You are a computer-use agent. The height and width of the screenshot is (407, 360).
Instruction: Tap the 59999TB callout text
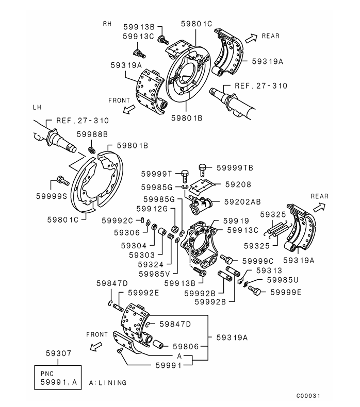[235, 167]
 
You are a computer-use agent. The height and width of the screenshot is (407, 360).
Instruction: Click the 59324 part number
[151, 264]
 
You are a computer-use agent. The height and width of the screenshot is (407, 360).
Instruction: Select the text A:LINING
[108, 383]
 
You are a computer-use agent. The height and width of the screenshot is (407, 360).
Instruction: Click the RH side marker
[107, 24]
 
